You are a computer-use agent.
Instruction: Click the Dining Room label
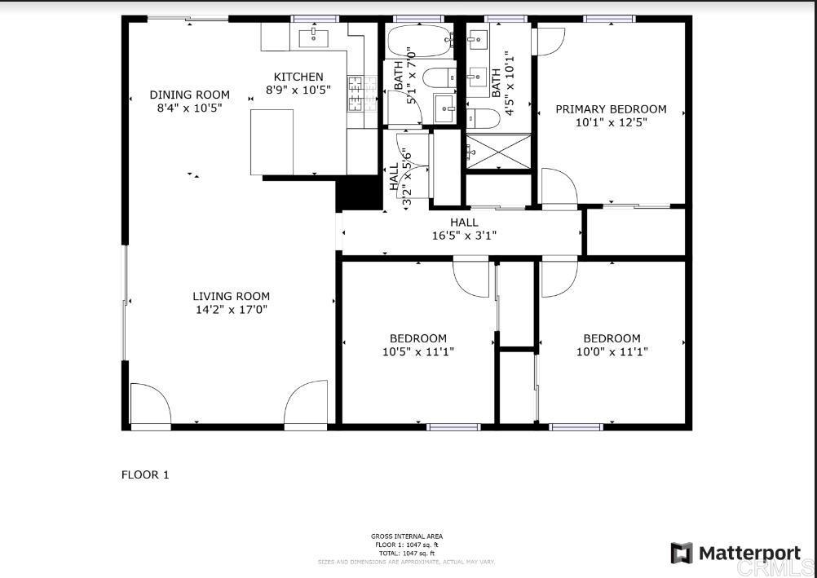coord(189,95)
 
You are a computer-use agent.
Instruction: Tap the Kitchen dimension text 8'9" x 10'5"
coord(298,90)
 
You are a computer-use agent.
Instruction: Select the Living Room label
coord(231,296)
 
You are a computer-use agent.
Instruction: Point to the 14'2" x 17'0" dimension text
coord(231,310)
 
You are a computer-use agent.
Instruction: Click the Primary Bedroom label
coord(611,108)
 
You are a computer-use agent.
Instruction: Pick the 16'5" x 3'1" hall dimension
coord(464,236)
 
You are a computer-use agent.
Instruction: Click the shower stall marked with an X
coord(498,151)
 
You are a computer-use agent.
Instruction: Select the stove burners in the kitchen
coord(356,93)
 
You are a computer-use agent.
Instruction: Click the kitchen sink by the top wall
coord(313,36)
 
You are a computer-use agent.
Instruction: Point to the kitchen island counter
coord(272,142)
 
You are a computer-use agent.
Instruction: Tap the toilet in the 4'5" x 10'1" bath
coord(484,120)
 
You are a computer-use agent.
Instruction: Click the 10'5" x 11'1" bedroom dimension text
coord(417,352)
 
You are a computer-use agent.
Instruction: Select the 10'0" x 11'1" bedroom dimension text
coord(612,352)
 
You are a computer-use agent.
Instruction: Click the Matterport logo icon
coord(682,554)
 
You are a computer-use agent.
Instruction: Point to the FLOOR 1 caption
coord(145,474)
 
